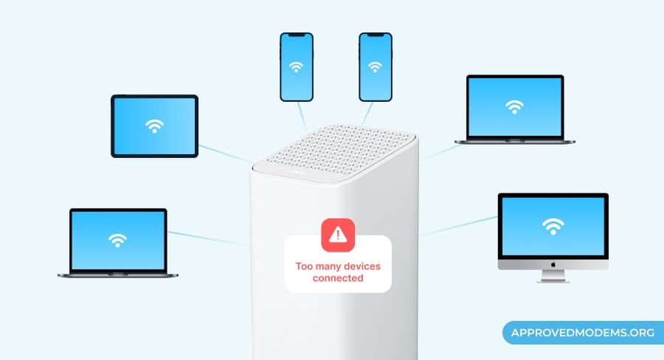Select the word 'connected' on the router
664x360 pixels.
coord(338,278)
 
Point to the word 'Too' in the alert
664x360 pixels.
coord(304,266)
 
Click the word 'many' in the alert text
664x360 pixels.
coord(328,266)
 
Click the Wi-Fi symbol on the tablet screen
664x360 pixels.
coord(154,126)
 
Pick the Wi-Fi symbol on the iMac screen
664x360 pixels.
coord(553,226)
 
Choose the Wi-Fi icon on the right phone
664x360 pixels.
coord(376,67)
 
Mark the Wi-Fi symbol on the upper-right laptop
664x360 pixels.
coord(513,108)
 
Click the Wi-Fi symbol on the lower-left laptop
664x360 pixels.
coord(117,240)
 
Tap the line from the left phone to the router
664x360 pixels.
coord(303,115)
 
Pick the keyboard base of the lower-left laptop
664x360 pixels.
coord(118,274)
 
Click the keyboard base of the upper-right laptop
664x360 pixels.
coord(514,140)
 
